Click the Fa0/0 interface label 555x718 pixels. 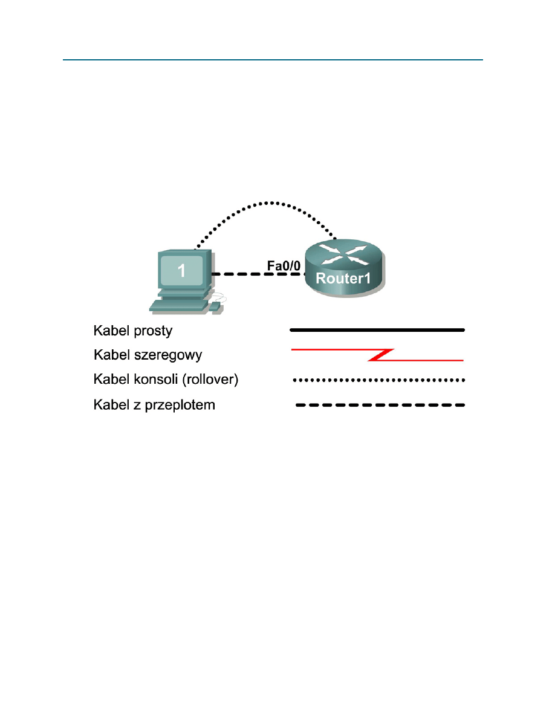(x=284, y=265)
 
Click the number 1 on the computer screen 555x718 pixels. (x=181, y=271)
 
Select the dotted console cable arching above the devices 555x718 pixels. (x=272, y=203)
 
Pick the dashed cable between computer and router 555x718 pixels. (x=257, y=274)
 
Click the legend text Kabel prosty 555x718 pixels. (x=132, y=331)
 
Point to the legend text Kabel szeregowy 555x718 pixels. (x=147, y=355)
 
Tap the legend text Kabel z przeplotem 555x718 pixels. (x=154, y=404)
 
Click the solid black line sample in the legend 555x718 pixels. (x=377, y=330)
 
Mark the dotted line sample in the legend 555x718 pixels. (x=377, y=380)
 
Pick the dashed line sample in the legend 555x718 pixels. (x=380, y=405)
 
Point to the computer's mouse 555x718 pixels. (x=215, y=308)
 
